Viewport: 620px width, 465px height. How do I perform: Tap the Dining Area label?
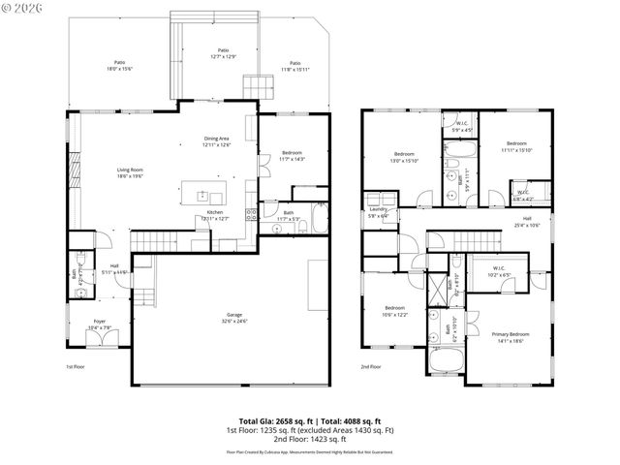[x=216, y=141]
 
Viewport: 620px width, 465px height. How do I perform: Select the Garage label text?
[x=233, y=318]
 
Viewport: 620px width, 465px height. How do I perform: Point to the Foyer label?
[x=100, y=325]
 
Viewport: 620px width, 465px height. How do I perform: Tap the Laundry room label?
[x=378, y=212]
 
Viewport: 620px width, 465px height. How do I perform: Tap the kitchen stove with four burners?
[x=250, y=214]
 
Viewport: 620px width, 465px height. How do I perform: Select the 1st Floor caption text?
[x=76, y=367]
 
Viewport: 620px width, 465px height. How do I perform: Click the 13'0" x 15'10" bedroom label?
[x=404, y=157]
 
